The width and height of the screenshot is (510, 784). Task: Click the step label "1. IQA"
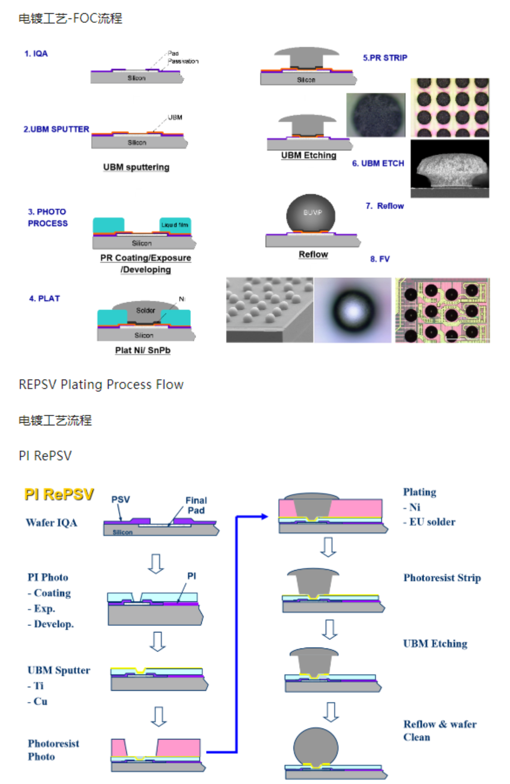coord(36,54)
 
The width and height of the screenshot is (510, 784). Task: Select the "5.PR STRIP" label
coord(385,58)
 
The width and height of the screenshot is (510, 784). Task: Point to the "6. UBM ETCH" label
coord(378,163)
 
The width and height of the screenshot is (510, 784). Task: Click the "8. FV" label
coord(380,259)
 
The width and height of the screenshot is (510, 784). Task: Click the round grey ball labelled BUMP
coord(310,214)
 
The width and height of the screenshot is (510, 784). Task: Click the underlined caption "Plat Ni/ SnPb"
coord(143,350)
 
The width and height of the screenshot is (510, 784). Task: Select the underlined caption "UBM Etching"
coord(308,155)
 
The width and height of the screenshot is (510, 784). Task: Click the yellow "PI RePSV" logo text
coord(59,494)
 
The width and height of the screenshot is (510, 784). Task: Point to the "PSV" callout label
coord(121,500)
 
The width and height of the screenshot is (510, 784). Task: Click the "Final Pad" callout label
coord(196,505)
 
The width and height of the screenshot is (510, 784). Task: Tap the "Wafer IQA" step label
coord(52,523)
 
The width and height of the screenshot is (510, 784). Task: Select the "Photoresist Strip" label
coord(442,578)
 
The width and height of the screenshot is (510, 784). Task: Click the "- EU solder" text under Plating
coord(429,522)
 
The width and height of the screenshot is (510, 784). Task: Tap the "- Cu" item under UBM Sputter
coord(38,701)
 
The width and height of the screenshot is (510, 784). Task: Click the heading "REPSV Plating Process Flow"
coord(101,385)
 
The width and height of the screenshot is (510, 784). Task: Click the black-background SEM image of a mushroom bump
coord(449,168)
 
